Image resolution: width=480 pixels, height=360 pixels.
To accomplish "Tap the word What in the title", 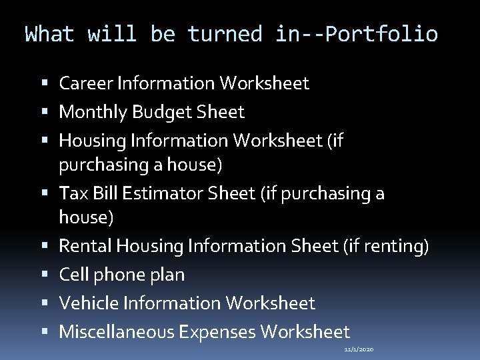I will (50, 34).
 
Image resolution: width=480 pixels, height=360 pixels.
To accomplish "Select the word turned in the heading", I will (225, 34).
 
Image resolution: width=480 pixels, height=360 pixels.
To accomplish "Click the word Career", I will (86, 83).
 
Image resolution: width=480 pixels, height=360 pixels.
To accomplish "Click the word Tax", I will (71, 193).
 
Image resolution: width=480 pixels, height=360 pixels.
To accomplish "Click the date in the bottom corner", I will (359, 349).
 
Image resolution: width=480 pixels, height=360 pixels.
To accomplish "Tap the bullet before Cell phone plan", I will (45, 275).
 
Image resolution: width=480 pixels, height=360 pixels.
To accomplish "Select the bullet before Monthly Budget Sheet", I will (45, 112).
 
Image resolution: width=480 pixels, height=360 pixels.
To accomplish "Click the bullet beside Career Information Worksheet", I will (45, 83).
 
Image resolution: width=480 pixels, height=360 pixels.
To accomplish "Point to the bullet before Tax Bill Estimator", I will (45, 193).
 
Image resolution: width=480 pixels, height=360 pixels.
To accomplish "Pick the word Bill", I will (98, 193).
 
